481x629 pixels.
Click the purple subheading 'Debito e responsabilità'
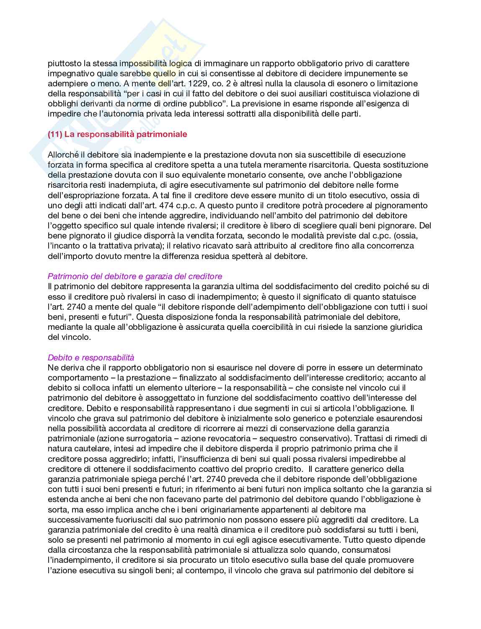tap(91, 357)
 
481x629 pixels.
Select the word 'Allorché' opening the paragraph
tap(62, 155)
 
